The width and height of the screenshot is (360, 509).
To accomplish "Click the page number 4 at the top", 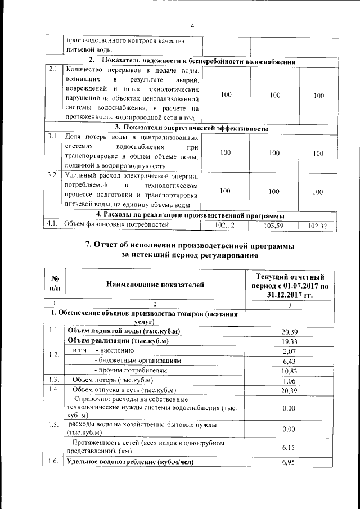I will click(x=192, y=26).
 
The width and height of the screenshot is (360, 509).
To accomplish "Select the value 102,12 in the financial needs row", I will click(x=225, y=226).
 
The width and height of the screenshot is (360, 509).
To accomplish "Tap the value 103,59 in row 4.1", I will click(x=274, y=226).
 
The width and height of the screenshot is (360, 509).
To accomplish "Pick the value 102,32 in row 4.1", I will click(x=319, y=226).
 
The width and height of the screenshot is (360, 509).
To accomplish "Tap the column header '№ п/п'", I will click(x=55, y=286).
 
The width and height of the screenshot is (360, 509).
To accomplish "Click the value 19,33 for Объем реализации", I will click(x=289, y=341).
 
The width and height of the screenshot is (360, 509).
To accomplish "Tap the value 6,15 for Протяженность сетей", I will click(x=289, y=447).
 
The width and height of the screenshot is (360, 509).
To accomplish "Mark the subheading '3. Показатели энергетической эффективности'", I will click(x=191, y=129).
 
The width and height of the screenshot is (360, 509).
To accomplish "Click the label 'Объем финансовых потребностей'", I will click(x=116, y=226).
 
